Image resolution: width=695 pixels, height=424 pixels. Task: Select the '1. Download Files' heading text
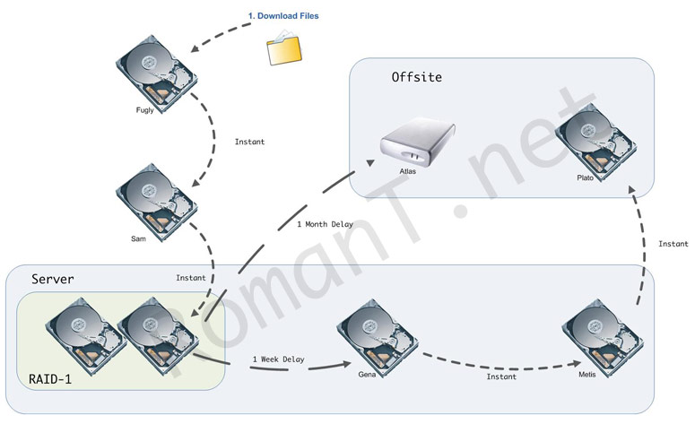(x=283, y=16)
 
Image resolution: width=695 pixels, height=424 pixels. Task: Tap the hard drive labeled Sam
(x=155, y=201)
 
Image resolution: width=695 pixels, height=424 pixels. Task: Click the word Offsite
(x=416, y=77)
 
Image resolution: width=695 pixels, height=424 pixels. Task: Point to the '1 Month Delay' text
(x=325, y=224)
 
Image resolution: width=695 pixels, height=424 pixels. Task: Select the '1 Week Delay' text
(x=278, y=359)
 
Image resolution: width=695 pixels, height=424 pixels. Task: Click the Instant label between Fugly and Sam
(x=249, y=142)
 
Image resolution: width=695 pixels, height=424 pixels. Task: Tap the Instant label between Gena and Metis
(x=501, y=377)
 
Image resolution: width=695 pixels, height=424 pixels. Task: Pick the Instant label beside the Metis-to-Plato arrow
(x=673, y=244)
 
